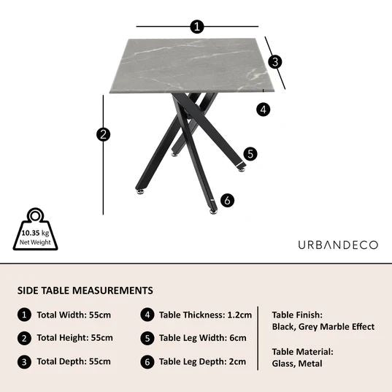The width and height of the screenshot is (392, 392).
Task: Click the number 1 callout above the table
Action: [x=196, y=27]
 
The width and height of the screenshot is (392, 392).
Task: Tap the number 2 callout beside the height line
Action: [x=104, y=134]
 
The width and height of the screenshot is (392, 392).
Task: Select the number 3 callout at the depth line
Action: [x=275, y=61]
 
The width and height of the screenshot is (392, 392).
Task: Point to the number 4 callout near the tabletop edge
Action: [x=264, y=109]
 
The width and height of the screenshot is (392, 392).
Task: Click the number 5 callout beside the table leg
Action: [x=250, y=154]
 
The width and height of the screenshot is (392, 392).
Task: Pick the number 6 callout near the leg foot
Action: [x=227, y=200]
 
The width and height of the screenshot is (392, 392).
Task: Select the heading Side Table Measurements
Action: [x=85, y=290]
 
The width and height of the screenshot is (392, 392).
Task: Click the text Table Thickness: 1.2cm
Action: [x=205, y=315]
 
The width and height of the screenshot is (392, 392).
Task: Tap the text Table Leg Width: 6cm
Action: [x=203, y=338]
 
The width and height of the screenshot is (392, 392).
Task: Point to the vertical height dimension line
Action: [x=104, y=168]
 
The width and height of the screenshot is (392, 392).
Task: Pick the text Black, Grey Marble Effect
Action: [x=323, y=326]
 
